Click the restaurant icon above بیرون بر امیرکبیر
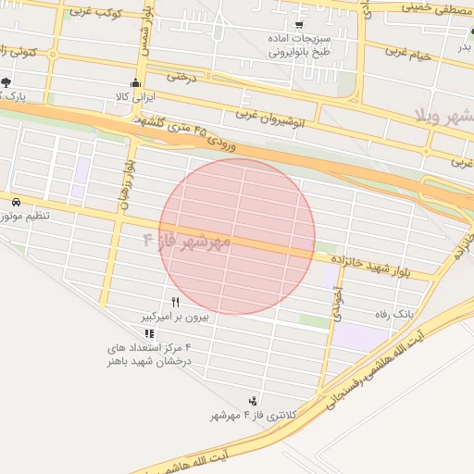pos(175,303)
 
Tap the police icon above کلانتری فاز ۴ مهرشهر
pos(253,401)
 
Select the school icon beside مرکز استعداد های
pos(151,333)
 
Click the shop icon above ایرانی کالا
pos(136,82)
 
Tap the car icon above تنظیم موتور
pos(16,201)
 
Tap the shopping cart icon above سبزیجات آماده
pos(297,25)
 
